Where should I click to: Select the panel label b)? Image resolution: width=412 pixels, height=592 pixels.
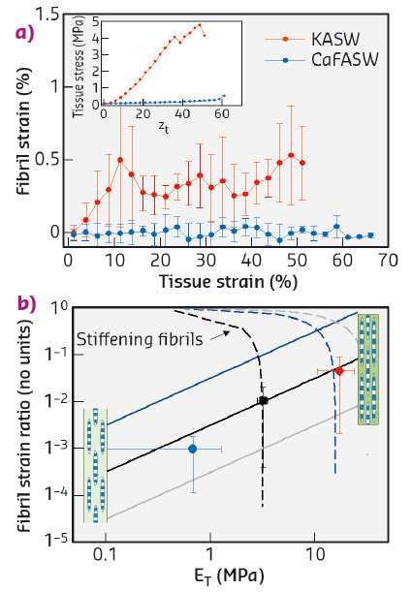click(x=17, y=302)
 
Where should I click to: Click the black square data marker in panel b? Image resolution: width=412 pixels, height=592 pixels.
click(x=263, y=400)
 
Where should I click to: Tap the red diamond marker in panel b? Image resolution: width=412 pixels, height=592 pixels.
click(x=338, y=371)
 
